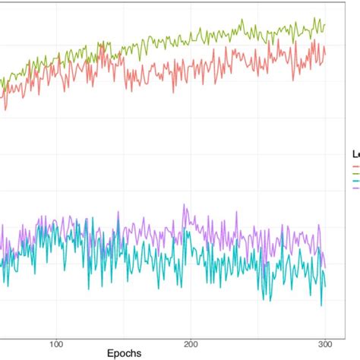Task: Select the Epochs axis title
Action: pyautogui.click(x=124, y=353)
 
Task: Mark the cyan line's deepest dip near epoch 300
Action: pyautogui.click(x=321, y=305)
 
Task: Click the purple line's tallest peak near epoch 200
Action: pyautogui.click(x=184, y=204)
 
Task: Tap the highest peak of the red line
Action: pyautogui.click(x=314, y=41)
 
